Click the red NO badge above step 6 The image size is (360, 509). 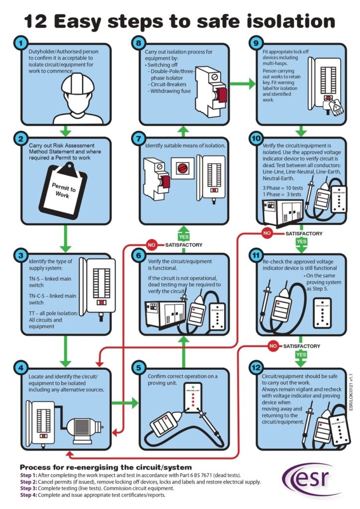point(152,245)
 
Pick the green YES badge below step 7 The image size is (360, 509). point(184,237)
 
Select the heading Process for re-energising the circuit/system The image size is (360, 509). point(105,468)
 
